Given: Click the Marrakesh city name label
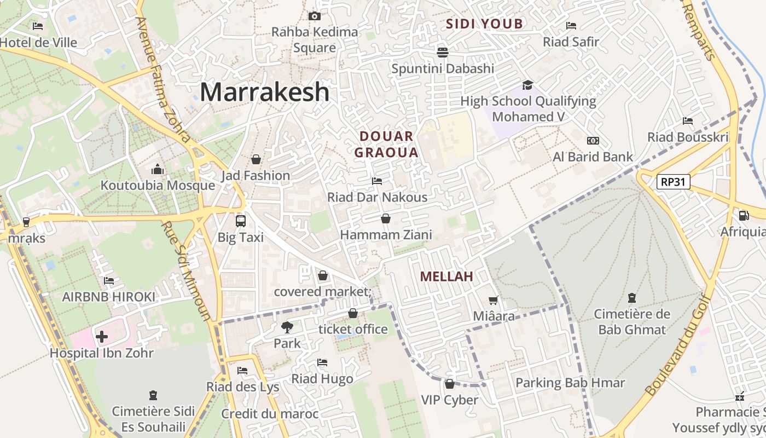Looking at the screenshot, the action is pos(265,92).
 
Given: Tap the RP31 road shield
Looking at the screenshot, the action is pos(673,182).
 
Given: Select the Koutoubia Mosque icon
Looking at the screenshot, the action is pos(158,169).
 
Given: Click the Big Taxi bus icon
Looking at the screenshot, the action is pos(240,221).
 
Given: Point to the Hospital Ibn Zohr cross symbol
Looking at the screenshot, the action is pos(102,336).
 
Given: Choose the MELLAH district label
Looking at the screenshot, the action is pos(446,276).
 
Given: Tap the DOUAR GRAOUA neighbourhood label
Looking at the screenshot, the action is pos(386,145).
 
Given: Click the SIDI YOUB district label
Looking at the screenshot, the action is pos(484,24).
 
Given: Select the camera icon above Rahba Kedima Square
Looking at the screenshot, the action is pos(314,16).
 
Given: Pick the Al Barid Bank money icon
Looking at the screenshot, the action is pos(593,141).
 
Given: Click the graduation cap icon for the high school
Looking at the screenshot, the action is pos(527,85).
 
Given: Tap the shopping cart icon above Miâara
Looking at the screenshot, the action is pos(493,300).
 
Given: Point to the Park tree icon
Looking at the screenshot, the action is pos(287,327).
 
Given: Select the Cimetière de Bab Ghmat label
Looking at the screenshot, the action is pos(632,322).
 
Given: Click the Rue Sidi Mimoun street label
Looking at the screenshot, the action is pos(186,271).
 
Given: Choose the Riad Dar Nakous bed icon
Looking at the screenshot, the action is pos(376,181).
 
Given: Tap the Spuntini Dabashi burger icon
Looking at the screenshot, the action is pos(442,52).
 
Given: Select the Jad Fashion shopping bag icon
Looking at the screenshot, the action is pos(256,159).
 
